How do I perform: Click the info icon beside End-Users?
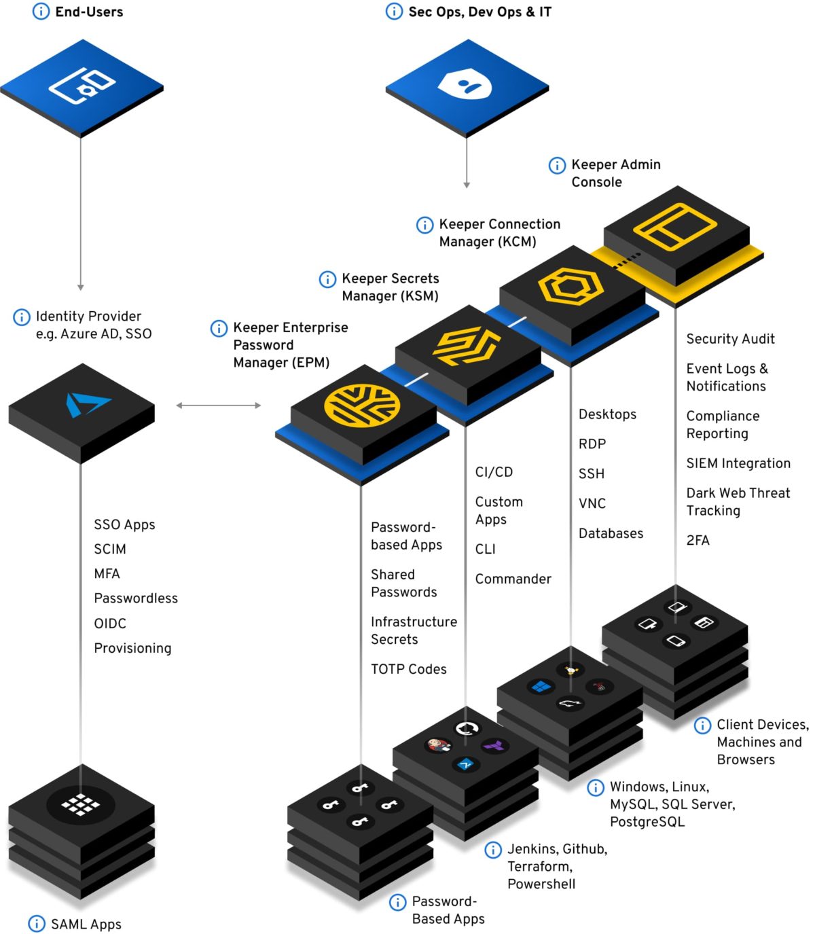41,12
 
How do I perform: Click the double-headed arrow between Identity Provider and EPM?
218,406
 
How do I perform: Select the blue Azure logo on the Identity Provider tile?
86,403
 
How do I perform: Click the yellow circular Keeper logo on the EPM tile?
361,407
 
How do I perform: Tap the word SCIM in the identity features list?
110,549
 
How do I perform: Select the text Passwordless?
136,598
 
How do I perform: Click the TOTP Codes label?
408,669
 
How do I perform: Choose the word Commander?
513,579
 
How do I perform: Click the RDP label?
592,444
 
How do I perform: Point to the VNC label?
592,503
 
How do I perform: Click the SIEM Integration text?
738,463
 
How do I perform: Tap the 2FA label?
698,540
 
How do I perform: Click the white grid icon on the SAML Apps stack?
81,804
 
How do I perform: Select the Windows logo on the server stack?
541,687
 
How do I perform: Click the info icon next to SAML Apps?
37,924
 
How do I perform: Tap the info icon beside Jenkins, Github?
493,849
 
